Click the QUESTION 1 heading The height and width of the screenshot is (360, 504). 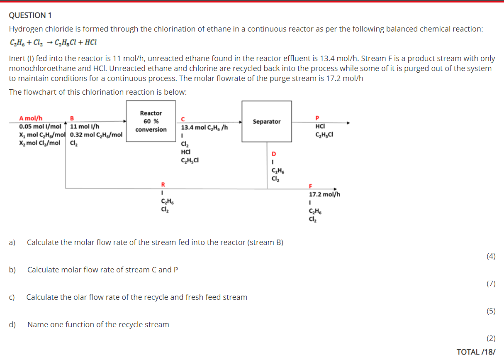coord(30,15)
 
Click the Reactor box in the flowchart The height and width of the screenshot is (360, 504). coord(151,121)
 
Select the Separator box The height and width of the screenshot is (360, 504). coord(267,121)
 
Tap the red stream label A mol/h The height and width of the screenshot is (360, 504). coord(31,118)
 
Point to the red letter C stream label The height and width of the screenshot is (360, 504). coord(183,119)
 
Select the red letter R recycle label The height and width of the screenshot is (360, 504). coord(163,184)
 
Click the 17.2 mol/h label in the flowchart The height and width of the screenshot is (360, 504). coord(325,194)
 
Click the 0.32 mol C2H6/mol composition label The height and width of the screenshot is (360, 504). coord(96,135)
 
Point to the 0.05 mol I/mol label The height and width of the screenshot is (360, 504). coord(40,126)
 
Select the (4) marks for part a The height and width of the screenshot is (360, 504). coord(491,256)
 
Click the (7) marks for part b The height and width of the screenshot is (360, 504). coord(491,284)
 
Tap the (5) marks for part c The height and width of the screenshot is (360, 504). coord(491,311)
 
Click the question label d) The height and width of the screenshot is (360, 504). coord(12,324)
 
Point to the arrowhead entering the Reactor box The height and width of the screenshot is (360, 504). coord(124,121)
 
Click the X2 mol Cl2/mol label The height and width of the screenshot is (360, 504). coord(39,143)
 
